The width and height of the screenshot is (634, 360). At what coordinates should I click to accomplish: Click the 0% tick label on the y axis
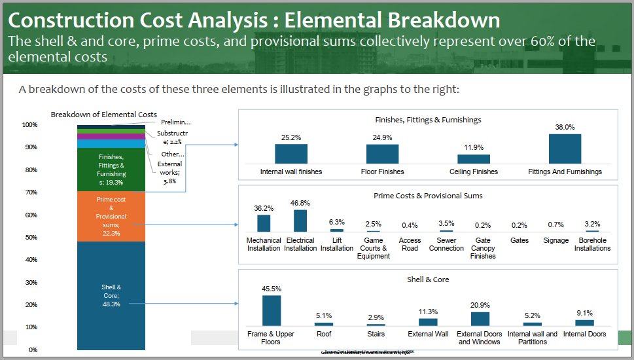coord(33,350)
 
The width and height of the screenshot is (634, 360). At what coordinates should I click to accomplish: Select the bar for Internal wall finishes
coord(291,154)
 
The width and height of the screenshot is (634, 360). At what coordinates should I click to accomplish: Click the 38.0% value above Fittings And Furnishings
coord(565,127)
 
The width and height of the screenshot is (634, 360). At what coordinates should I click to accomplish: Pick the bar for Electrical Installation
coord(300,221)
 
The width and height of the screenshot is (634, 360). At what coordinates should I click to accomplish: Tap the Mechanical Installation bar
coord(264,223)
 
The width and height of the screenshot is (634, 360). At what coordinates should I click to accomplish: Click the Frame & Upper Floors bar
coord(272,310)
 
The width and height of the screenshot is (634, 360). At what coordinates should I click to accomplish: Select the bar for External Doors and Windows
coord(480,319)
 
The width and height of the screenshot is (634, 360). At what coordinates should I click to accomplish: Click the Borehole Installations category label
coord(591,245)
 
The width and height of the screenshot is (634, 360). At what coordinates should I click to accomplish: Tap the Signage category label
coord(555,241)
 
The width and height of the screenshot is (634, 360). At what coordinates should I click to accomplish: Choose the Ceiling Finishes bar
coord(474,159)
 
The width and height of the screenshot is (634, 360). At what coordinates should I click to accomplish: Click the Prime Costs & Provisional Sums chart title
coord(428,196)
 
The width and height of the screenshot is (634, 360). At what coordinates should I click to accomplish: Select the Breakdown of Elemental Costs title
coord(103,115)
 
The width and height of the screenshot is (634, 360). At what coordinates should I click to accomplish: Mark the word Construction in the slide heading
coord(77,20)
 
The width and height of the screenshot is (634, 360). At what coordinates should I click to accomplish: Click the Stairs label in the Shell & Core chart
coord(376,334)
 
